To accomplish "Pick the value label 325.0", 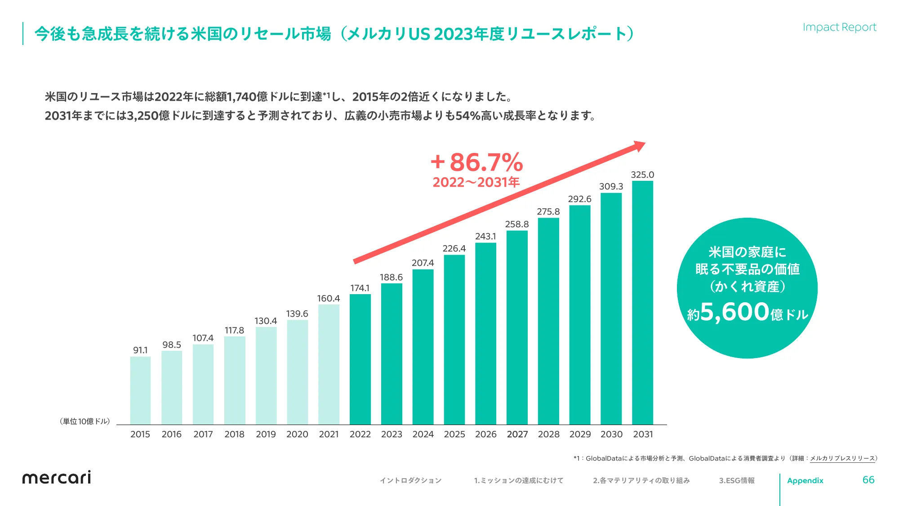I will (x=642, y=175).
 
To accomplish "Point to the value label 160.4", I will (x=329, y=298).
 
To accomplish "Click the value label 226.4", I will (x=454, y=248).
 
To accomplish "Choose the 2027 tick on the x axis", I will (x=517, y=434).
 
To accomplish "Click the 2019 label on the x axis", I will (x=266, y=434).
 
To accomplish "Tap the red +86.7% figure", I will (x=477, y=162).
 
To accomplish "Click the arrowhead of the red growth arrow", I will (x=639, y=146).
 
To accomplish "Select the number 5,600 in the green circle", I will (x=734, y=311).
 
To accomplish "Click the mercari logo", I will (x=57, y=478).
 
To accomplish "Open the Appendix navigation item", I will (x=805, y=480).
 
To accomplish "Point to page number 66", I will (x=868, y=480).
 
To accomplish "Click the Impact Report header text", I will (x=839, y=27).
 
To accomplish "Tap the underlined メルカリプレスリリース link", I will (x=842, y=458).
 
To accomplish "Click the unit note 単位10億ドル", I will (x=85, y=421).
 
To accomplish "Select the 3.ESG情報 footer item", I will (x=737, y=480).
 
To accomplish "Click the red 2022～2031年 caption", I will (x=476, y=182).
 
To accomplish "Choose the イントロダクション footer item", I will (x=410, y=480).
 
